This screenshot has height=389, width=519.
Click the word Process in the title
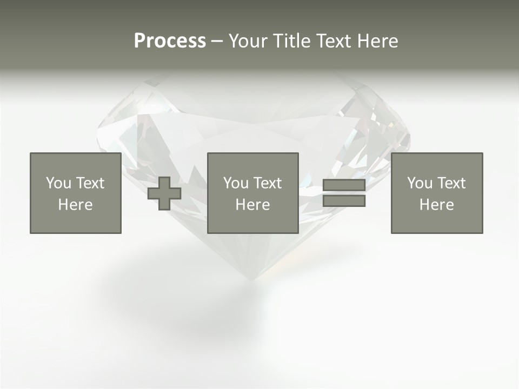click(x=170, y=41)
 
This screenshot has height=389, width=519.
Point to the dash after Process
click(x=217, y=42)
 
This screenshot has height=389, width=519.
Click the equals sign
click(x=344, y=193)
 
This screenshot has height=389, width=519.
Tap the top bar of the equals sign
click(x=344, y=185)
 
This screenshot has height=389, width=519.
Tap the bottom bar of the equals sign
click(x=344, y=200)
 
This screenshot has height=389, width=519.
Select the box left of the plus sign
click(x=76, y=193)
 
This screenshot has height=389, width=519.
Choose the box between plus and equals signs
click(x=252, y=193)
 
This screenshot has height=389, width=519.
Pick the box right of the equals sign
click(x=436, y=193)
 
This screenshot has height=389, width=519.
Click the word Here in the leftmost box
click(x=75, y=205)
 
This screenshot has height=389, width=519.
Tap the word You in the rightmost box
click(x=420, y=183)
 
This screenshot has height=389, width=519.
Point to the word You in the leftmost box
click(x=59, y=183)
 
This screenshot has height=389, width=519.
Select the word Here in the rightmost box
click(x=436, y=205)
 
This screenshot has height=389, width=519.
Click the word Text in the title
click(x=332, y=41)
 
